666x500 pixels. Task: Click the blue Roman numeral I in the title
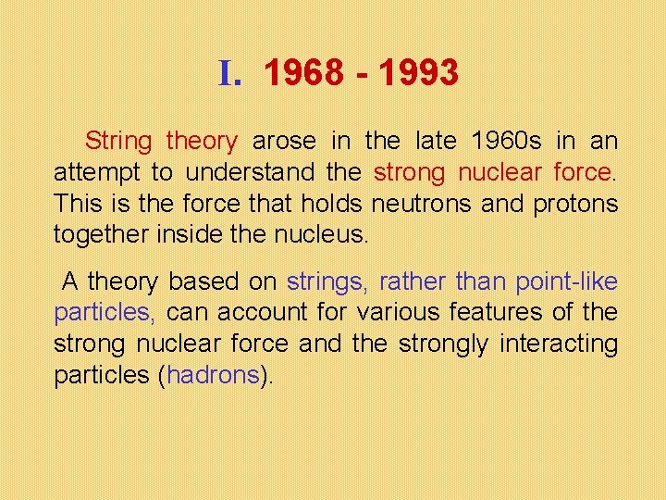(228, 72)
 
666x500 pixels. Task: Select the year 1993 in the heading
(417, 72)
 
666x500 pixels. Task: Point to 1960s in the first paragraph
(508, 142)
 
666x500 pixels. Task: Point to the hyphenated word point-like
(566, 282)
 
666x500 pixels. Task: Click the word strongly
(443, 344)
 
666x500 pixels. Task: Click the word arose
(284, 142)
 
